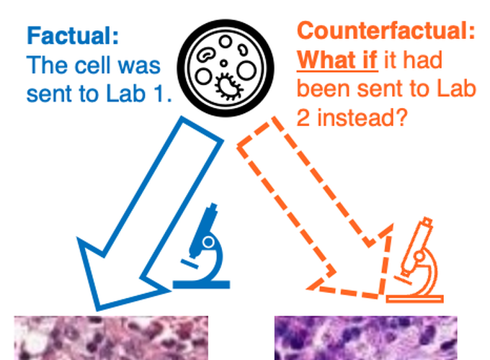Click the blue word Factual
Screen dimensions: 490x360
point(73,36)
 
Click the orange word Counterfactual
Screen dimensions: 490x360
point(386,30)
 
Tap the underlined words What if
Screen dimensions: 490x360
point(337,60)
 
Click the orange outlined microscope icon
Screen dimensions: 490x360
point(415,260)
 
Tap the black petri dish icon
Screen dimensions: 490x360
point(226,68)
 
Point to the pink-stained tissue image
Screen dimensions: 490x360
point(111,338)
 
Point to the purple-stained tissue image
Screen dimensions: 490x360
point(366,338)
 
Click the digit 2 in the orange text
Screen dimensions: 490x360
point(303,117)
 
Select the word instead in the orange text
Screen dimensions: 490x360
point(362,117)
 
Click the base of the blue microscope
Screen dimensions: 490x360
point(202,284)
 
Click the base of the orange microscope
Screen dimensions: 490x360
point(415,299)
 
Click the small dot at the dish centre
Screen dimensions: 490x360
point(223,63)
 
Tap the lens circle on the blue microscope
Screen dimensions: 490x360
point(208,242)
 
